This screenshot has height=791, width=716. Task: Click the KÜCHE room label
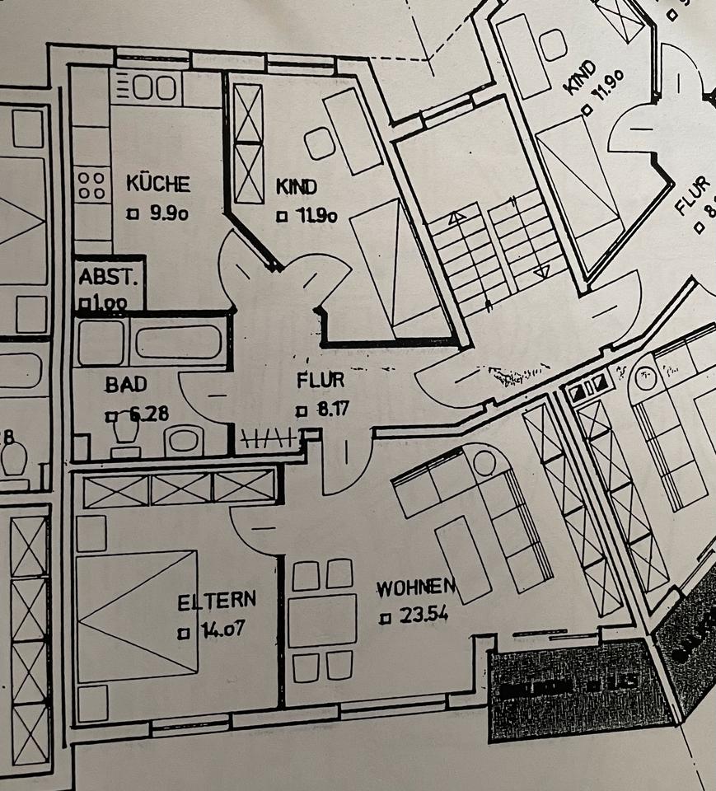157,183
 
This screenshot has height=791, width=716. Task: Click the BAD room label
125,384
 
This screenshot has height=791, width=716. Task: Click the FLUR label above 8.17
320,381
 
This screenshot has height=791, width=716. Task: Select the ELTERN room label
217,600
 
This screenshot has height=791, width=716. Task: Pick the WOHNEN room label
416,588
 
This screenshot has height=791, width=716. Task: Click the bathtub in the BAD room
177,342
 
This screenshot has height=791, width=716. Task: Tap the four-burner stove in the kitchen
93,185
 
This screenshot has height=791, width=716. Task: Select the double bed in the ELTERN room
137,614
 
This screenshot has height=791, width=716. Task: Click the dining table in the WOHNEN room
322,620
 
